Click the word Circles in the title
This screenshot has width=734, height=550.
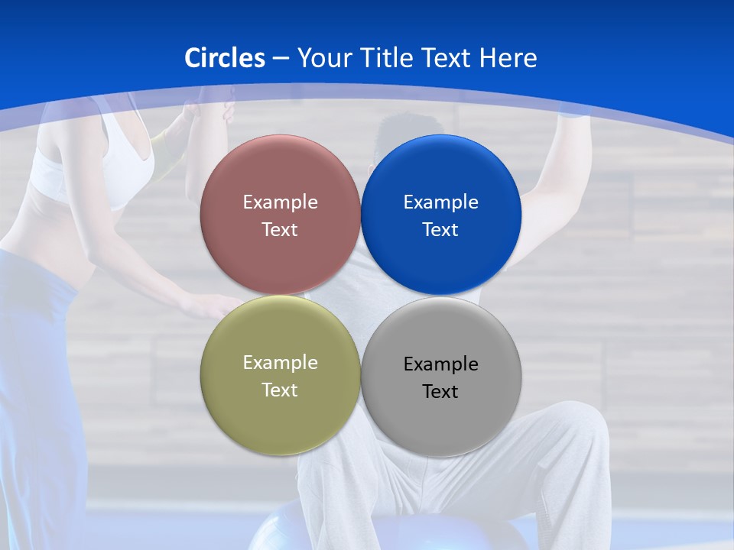coord(225,58)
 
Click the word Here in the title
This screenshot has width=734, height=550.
coord(508,58)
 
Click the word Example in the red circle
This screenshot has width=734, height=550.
coord(280,202)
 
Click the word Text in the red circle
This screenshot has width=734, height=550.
coord(280,230)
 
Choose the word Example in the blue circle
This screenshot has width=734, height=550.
coord(441,202)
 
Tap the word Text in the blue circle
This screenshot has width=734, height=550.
coord(441,230)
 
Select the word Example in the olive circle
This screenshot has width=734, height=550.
coord(280,363)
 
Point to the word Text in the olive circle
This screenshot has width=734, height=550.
coord(280,390)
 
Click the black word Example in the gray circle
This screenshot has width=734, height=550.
coord(441,364)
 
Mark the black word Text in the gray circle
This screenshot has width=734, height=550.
coord(441,392)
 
